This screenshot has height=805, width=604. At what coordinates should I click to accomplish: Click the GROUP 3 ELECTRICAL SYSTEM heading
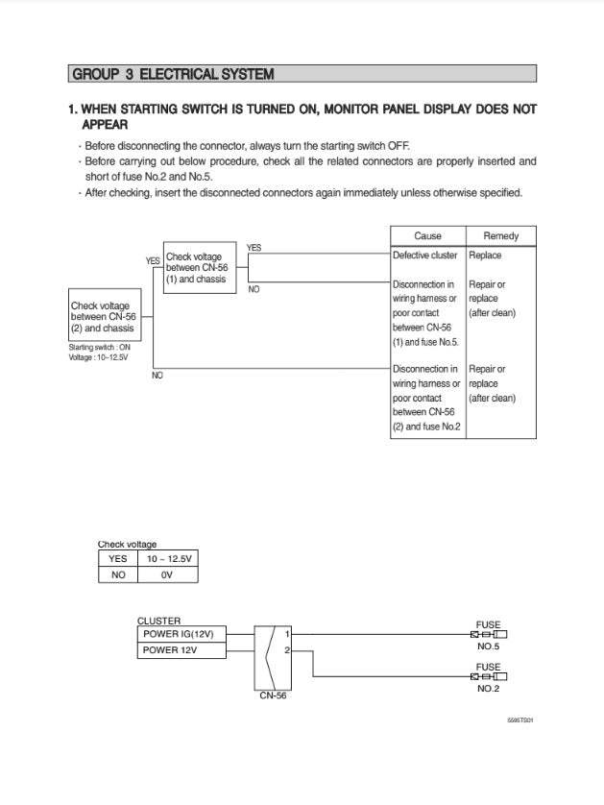(x=173, y=74)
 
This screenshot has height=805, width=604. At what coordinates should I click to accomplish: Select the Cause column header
(x=427, y=236)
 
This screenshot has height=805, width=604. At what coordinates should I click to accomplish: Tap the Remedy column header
(x=500, y=236)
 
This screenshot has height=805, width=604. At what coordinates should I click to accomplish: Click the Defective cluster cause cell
(x=425, y=256)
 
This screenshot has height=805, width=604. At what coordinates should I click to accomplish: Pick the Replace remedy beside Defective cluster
(x=485, y=256)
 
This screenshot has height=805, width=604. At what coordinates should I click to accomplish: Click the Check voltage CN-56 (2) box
(x=103, y=317)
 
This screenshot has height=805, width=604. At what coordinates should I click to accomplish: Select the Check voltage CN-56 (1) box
(x=199, y=268)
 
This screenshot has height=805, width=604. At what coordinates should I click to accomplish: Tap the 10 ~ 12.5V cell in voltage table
(x=168, y=558)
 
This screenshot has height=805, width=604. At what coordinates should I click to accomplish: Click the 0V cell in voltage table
(x=168, y=574)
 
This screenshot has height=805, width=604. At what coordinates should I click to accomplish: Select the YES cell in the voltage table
(x=118, y=558)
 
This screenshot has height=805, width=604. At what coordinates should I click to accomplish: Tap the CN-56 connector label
(x=273, y=696)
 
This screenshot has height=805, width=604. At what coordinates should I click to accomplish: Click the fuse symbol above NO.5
(x=488, y=635)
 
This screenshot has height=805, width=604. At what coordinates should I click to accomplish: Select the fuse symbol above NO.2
(x=488, y=676)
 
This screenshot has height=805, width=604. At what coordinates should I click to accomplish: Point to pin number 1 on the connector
(x=288, y=634)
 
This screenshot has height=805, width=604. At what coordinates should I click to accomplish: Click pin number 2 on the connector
(x=288, y=650)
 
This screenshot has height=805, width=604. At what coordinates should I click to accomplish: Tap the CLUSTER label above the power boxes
(x=158, y=621)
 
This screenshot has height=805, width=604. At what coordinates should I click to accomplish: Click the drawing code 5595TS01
(x=519, y=719)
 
